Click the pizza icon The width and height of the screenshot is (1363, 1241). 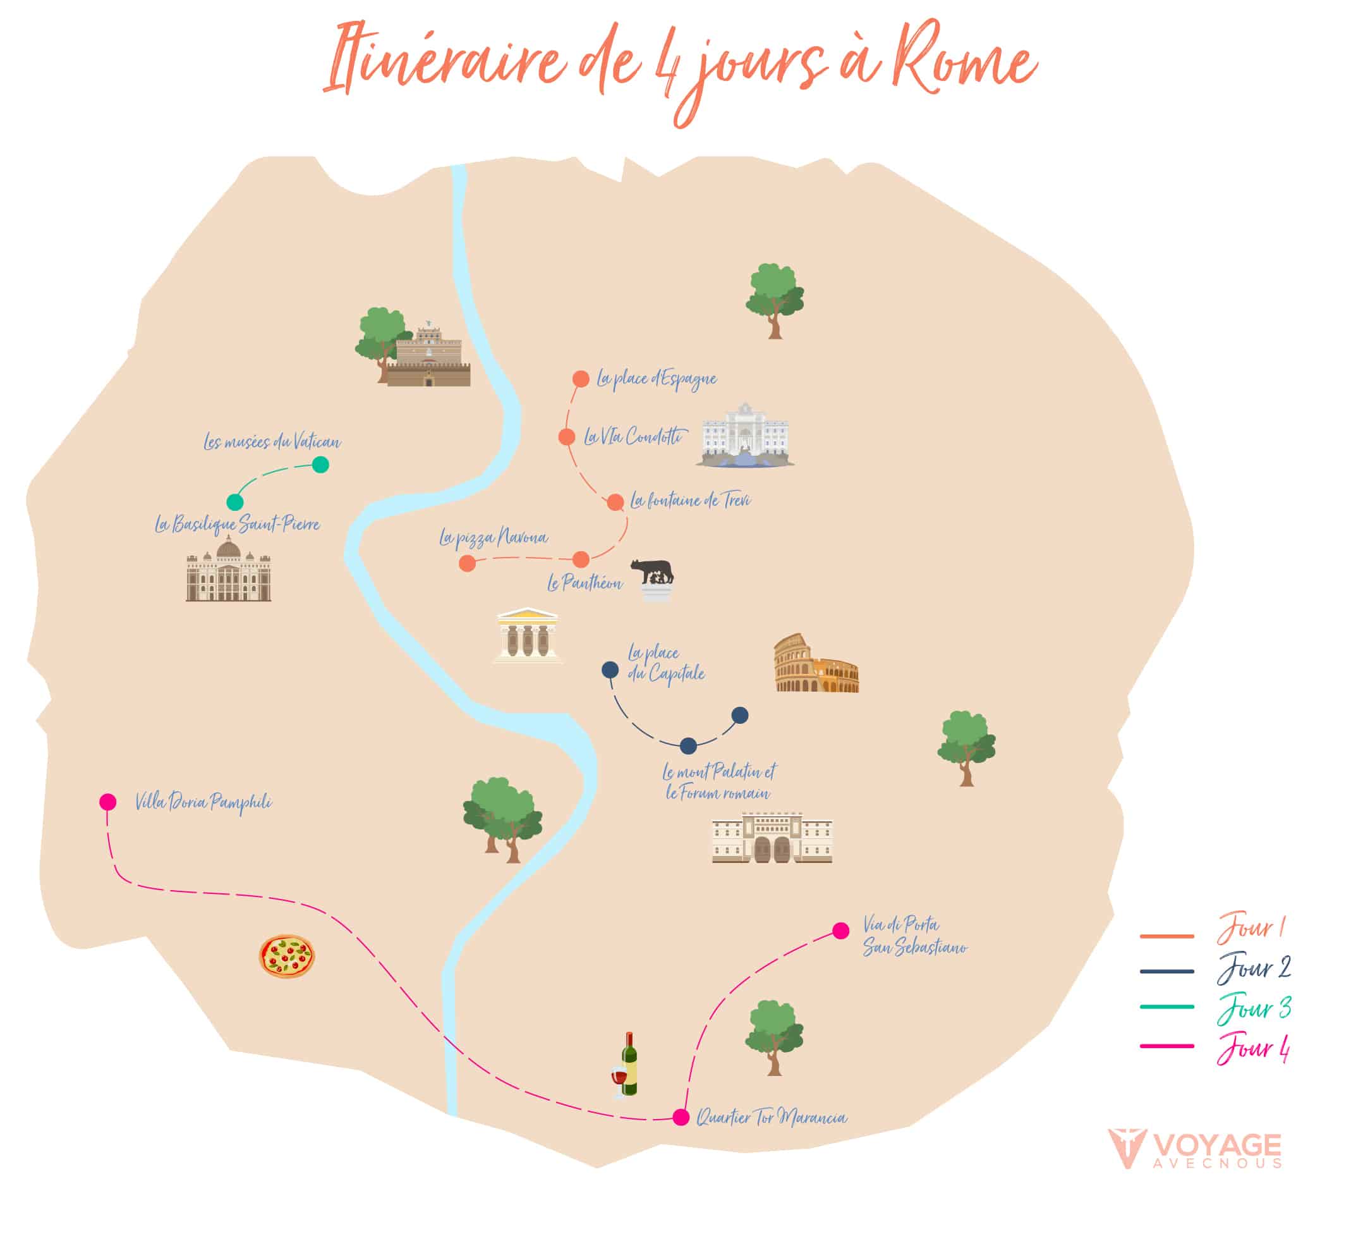[287, 957]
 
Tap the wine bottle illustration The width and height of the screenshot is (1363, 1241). [628, 1067]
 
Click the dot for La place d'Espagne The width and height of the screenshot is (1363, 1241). [581, 379]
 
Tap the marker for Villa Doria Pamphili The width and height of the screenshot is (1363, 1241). [107, 802]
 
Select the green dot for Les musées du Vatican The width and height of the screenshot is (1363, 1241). [320, 465]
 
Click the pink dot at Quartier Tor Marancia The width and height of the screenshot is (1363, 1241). [681, 1116]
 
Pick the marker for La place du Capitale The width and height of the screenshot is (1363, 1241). [610, 669]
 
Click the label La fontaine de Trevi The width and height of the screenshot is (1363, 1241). [690, 501]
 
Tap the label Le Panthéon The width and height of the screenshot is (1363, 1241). [585, 583]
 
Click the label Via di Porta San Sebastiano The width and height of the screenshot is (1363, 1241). [914, 936]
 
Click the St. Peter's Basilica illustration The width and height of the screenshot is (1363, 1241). [229, 570]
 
